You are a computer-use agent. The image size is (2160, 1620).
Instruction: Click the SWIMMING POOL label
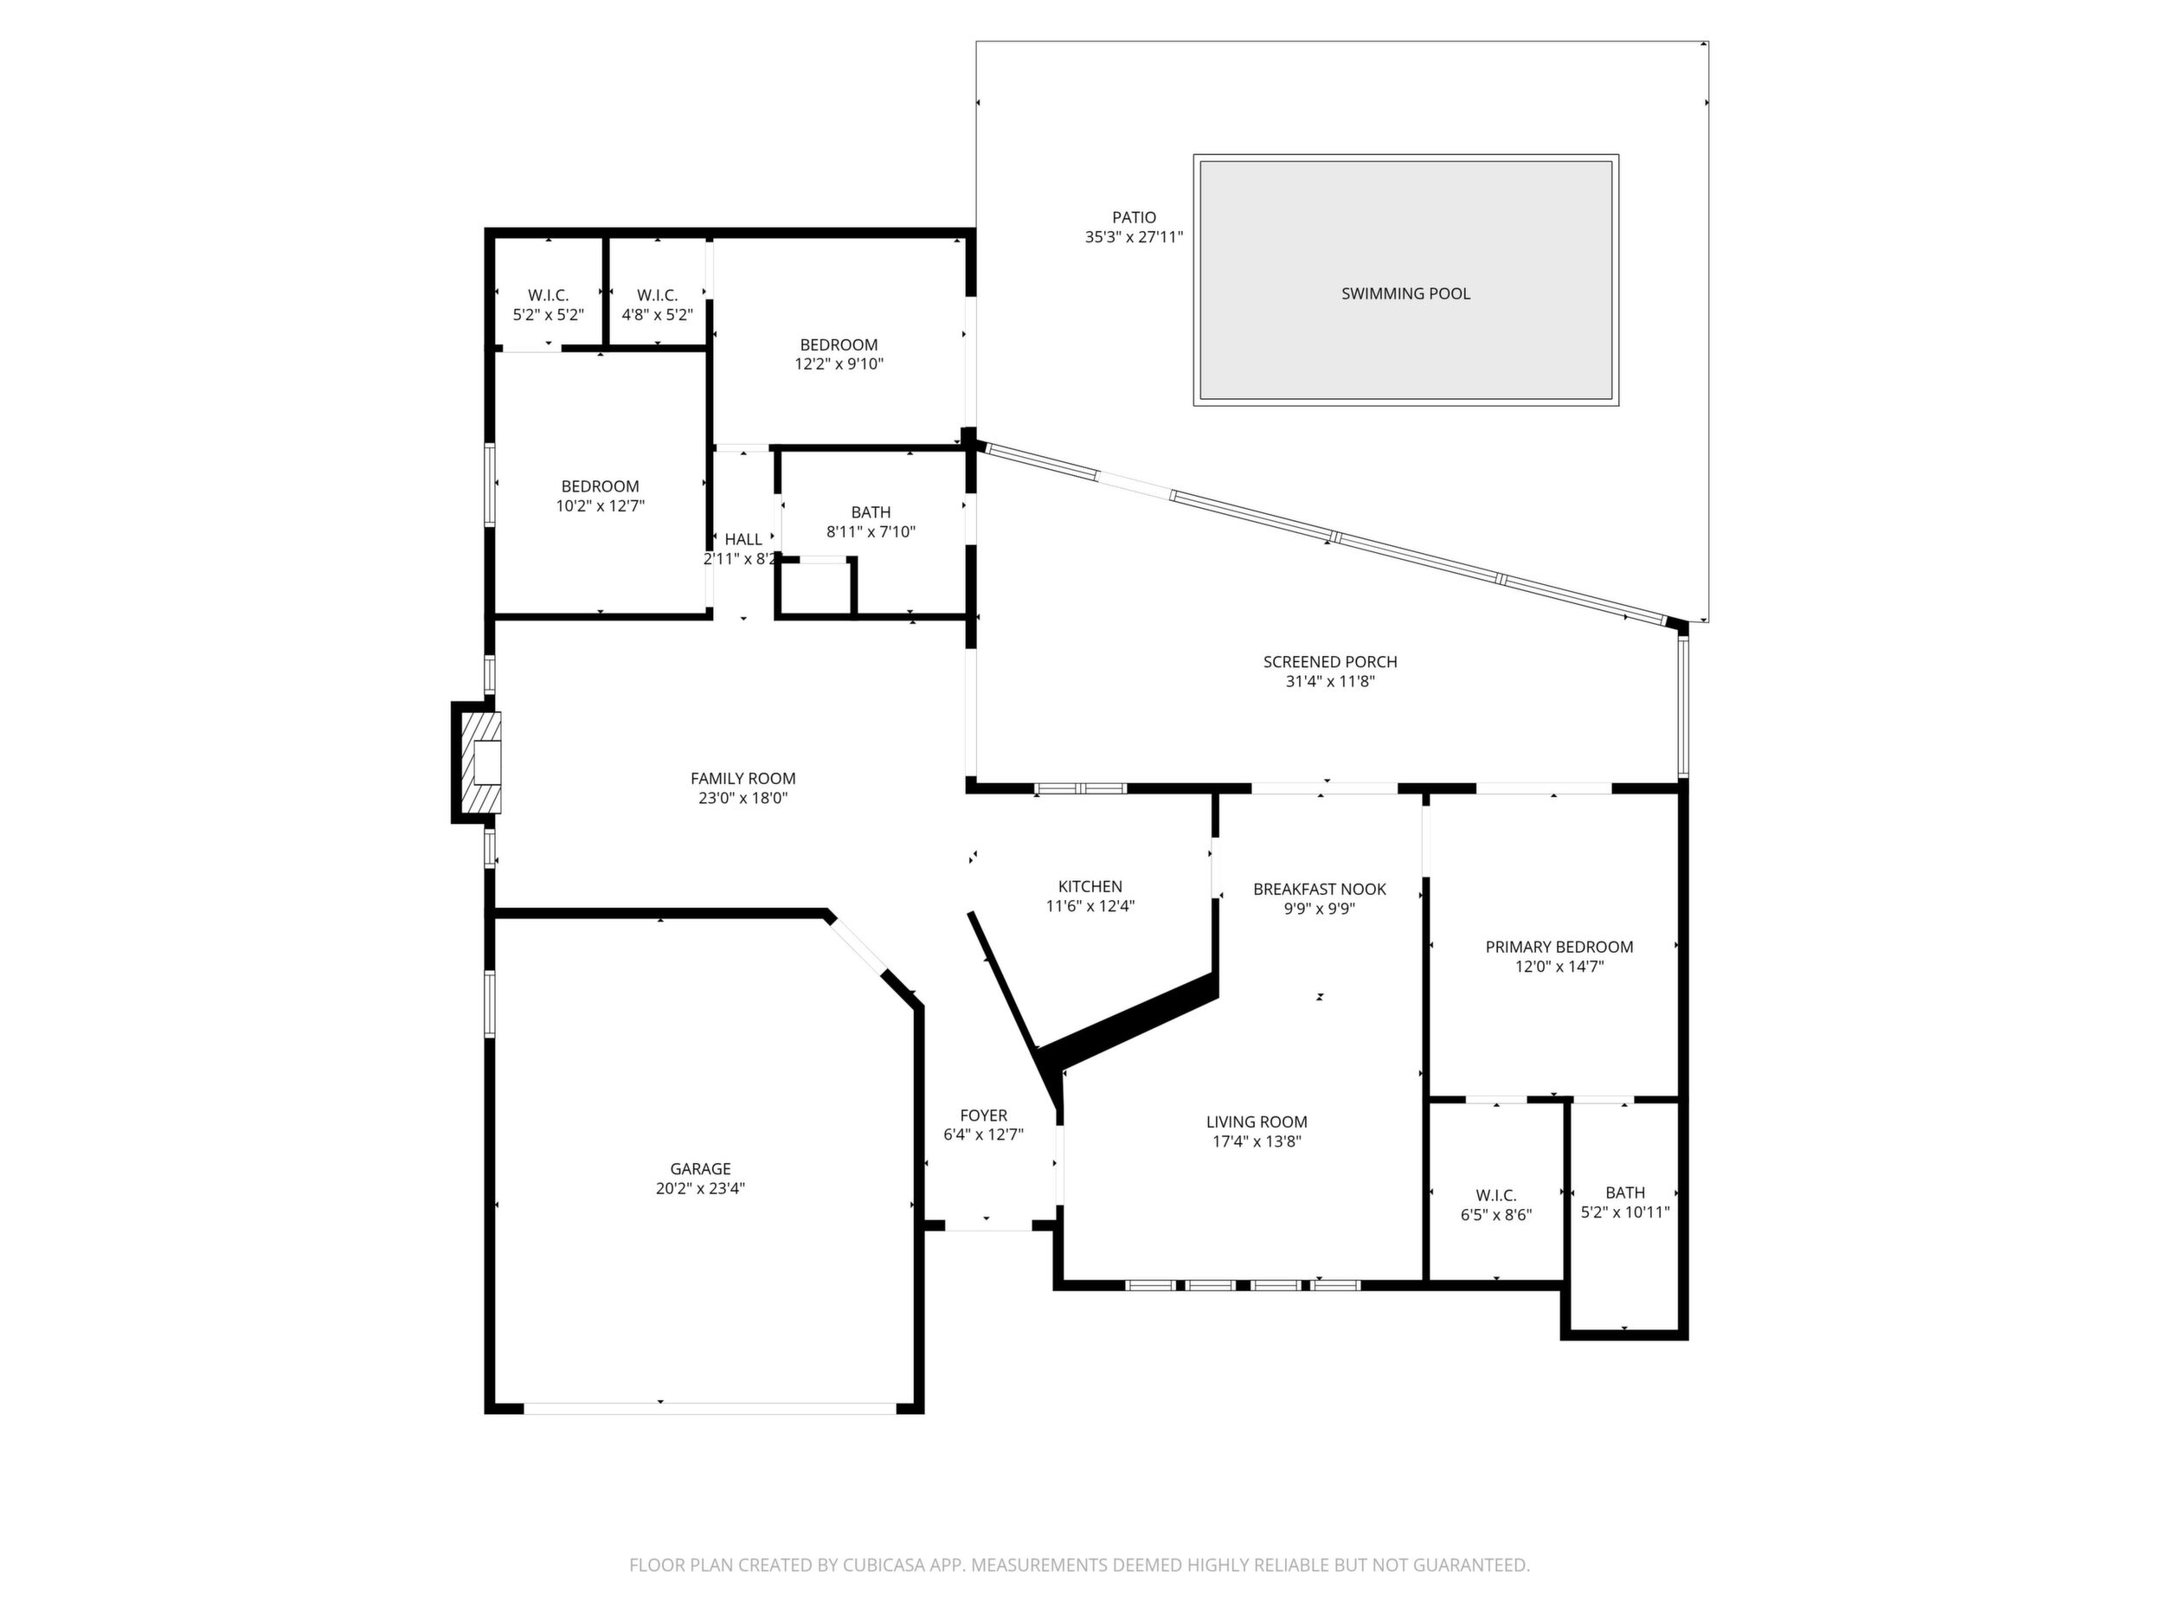click(x=1405, y=294)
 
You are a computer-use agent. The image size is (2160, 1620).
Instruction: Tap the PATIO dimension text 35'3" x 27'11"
click(x=1134, y=236)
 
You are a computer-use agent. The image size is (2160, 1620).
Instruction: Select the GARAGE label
click(x=700, y=1169)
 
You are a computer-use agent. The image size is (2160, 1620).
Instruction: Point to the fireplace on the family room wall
click(x=478, y=762)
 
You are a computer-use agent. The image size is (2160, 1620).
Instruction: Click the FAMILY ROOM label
click(x=743, y=778)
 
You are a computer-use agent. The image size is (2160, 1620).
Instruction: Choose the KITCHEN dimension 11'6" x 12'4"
click(x=1090, y=906)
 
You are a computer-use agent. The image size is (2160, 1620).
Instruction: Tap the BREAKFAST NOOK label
click(x=1319, y=889)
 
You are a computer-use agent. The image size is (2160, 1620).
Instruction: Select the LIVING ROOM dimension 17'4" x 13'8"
click(x=1257, y=1141)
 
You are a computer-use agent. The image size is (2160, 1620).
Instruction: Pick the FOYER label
click(x=983, y=1115)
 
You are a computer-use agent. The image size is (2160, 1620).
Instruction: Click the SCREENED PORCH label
click(x=1330, y=661)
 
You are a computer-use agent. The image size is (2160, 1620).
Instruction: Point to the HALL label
click(x=743, y=539)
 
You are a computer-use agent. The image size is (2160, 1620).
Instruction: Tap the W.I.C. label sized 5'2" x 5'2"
click(x=548, y=295)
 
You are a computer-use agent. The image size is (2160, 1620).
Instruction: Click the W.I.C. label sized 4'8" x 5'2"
click(x=657, y=295)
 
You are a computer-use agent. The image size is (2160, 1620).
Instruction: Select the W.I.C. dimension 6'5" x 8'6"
click(x=1496, y=1215)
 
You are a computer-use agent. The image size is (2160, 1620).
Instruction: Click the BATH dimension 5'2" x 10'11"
click(x=1625, y=1212)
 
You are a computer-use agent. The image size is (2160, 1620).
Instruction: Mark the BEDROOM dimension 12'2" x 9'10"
click(x=839, y=364)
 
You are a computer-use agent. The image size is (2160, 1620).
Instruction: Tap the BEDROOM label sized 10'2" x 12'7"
click(x=600, y=486)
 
